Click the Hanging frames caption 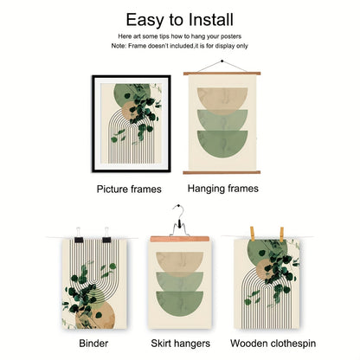(223, 186)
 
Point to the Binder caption (93, 343)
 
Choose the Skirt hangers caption (179, 343)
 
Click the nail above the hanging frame (223, 62)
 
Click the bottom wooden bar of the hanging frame (223, 172)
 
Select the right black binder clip (106, 236)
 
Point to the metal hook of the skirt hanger (178, 212)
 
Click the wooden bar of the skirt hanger (179, 238)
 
